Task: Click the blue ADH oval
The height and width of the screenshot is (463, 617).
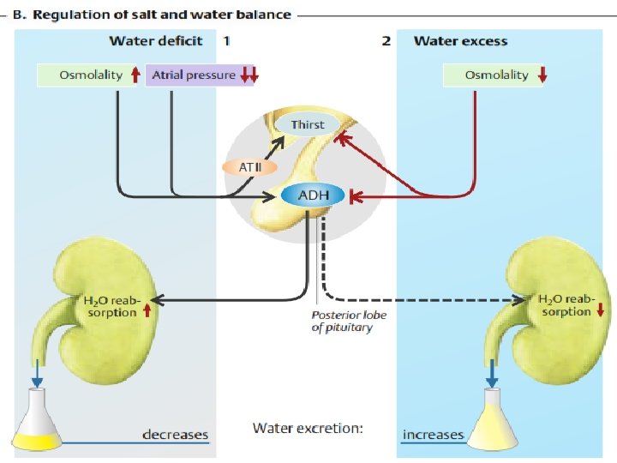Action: [312, 196]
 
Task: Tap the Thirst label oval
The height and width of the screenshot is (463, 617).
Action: [307, 125]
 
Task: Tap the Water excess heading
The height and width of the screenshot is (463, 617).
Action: [460, 41]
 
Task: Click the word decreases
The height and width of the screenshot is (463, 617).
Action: [175, 434]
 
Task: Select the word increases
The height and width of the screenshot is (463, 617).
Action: [433, 434]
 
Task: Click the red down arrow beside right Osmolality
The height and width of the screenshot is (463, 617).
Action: [542, 75]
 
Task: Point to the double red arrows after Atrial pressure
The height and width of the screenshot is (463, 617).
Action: [249, 76]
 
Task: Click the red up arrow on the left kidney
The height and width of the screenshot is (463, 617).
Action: [147, 311]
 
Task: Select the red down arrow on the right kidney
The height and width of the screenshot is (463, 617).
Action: [599, 311]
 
